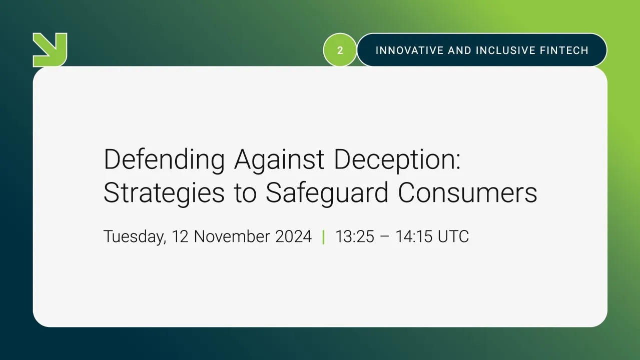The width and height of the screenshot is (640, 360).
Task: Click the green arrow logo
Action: [x=50, y=49]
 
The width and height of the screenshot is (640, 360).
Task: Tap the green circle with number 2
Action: [x=340, y=50]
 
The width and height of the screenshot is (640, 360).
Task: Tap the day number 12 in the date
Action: [x=180, y=236]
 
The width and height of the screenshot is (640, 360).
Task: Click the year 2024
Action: [x=294, y=236]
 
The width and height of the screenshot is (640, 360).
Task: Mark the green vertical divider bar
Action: [x=323, y=236]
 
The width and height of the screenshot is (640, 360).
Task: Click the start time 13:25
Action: [x=355, y=236]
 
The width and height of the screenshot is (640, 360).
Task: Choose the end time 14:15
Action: [x=414, y=236]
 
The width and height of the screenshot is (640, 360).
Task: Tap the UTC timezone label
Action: [x=453, y=236]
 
